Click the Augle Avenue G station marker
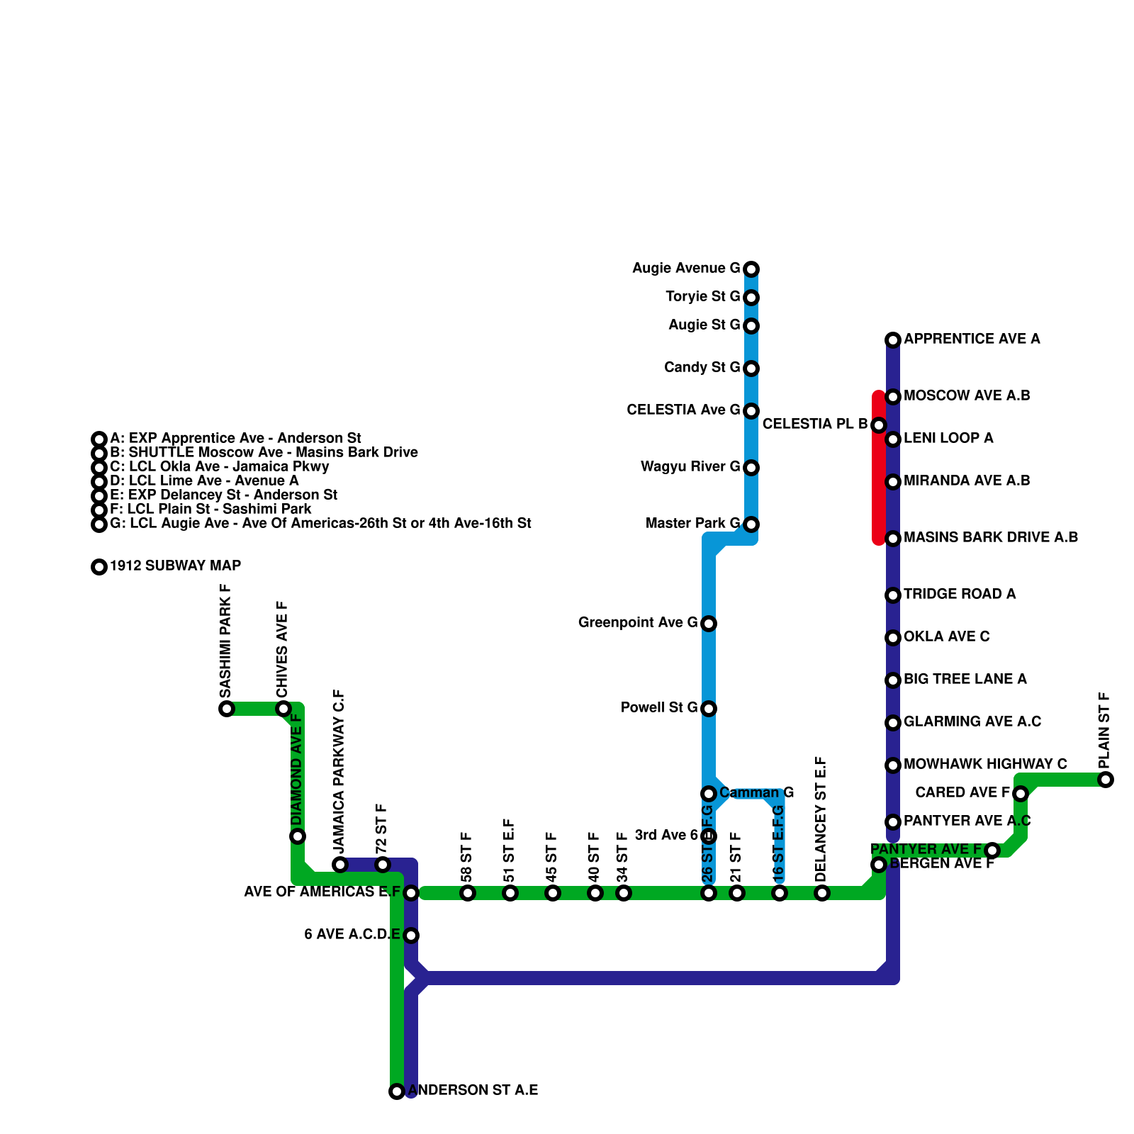(x=751, y=269)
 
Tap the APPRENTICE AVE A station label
(x=972, y=339)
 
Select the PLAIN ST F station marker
(x=1106, y=780)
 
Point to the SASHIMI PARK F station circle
(x=227, y=709)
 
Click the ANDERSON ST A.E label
(x=473, y=1090)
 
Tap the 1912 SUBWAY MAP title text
(x=175, y=566)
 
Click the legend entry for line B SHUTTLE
(x=264, y=452)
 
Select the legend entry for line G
(x=320, y=523)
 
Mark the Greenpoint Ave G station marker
(x=709, y=624)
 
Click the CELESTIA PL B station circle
(x=879, y=425)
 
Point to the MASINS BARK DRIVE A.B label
(x=991, y=537)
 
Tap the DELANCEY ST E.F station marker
(x=822, y=893)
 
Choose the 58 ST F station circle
(x=468, y=893)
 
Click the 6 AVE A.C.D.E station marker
(x=411, y=936)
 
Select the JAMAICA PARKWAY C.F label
(x=339, y=771)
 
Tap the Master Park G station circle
(x=751, y=524)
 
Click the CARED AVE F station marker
(x=1021, y=794)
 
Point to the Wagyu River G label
(x=690, y=466)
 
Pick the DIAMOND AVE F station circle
(x=298, y=836)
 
